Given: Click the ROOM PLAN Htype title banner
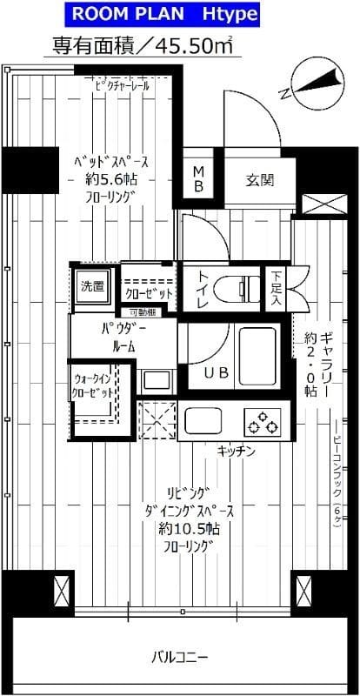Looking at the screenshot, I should pyautogui.click(x=179, y=15).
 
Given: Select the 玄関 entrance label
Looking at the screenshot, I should pyautogui.click(x=259, y=181).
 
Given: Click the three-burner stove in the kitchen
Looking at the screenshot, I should pyautogui.click(x=263, y=423).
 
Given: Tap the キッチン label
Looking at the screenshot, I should pyautogui.click(x=235, y=451).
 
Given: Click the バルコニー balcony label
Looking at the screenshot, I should pyautogui.click(x=179, y=655).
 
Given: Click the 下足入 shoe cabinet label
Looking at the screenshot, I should pyautogui.click(x=275, y=286).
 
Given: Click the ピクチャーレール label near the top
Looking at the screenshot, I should pyautogui.click(x=124, y=85).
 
